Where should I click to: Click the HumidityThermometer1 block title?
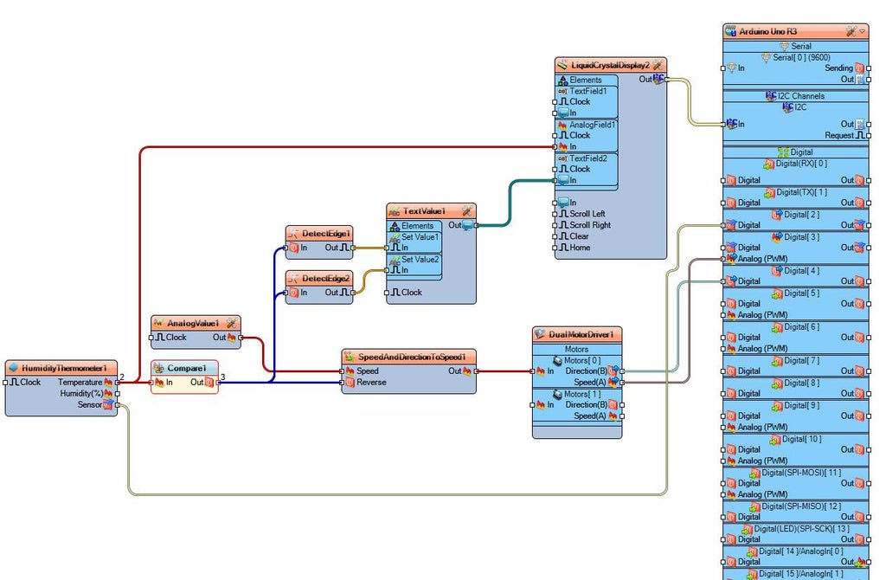[63, 368]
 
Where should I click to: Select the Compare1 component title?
[186, 368]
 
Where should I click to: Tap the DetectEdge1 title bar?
[325, 234]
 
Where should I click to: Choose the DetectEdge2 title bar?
[325, 278]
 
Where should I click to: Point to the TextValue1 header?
[424, 211]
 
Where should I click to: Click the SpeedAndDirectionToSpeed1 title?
[412, 357]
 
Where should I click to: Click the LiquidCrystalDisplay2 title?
[609, 65]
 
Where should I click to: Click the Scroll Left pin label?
[587, 214]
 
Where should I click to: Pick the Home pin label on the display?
[580, 248]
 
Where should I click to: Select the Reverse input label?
[372, 382]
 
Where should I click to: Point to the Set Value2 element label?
[420, 259]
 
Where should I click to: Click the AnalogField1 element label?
[593, 125]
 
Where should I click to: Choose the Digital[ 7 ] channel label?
[801, 360]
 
